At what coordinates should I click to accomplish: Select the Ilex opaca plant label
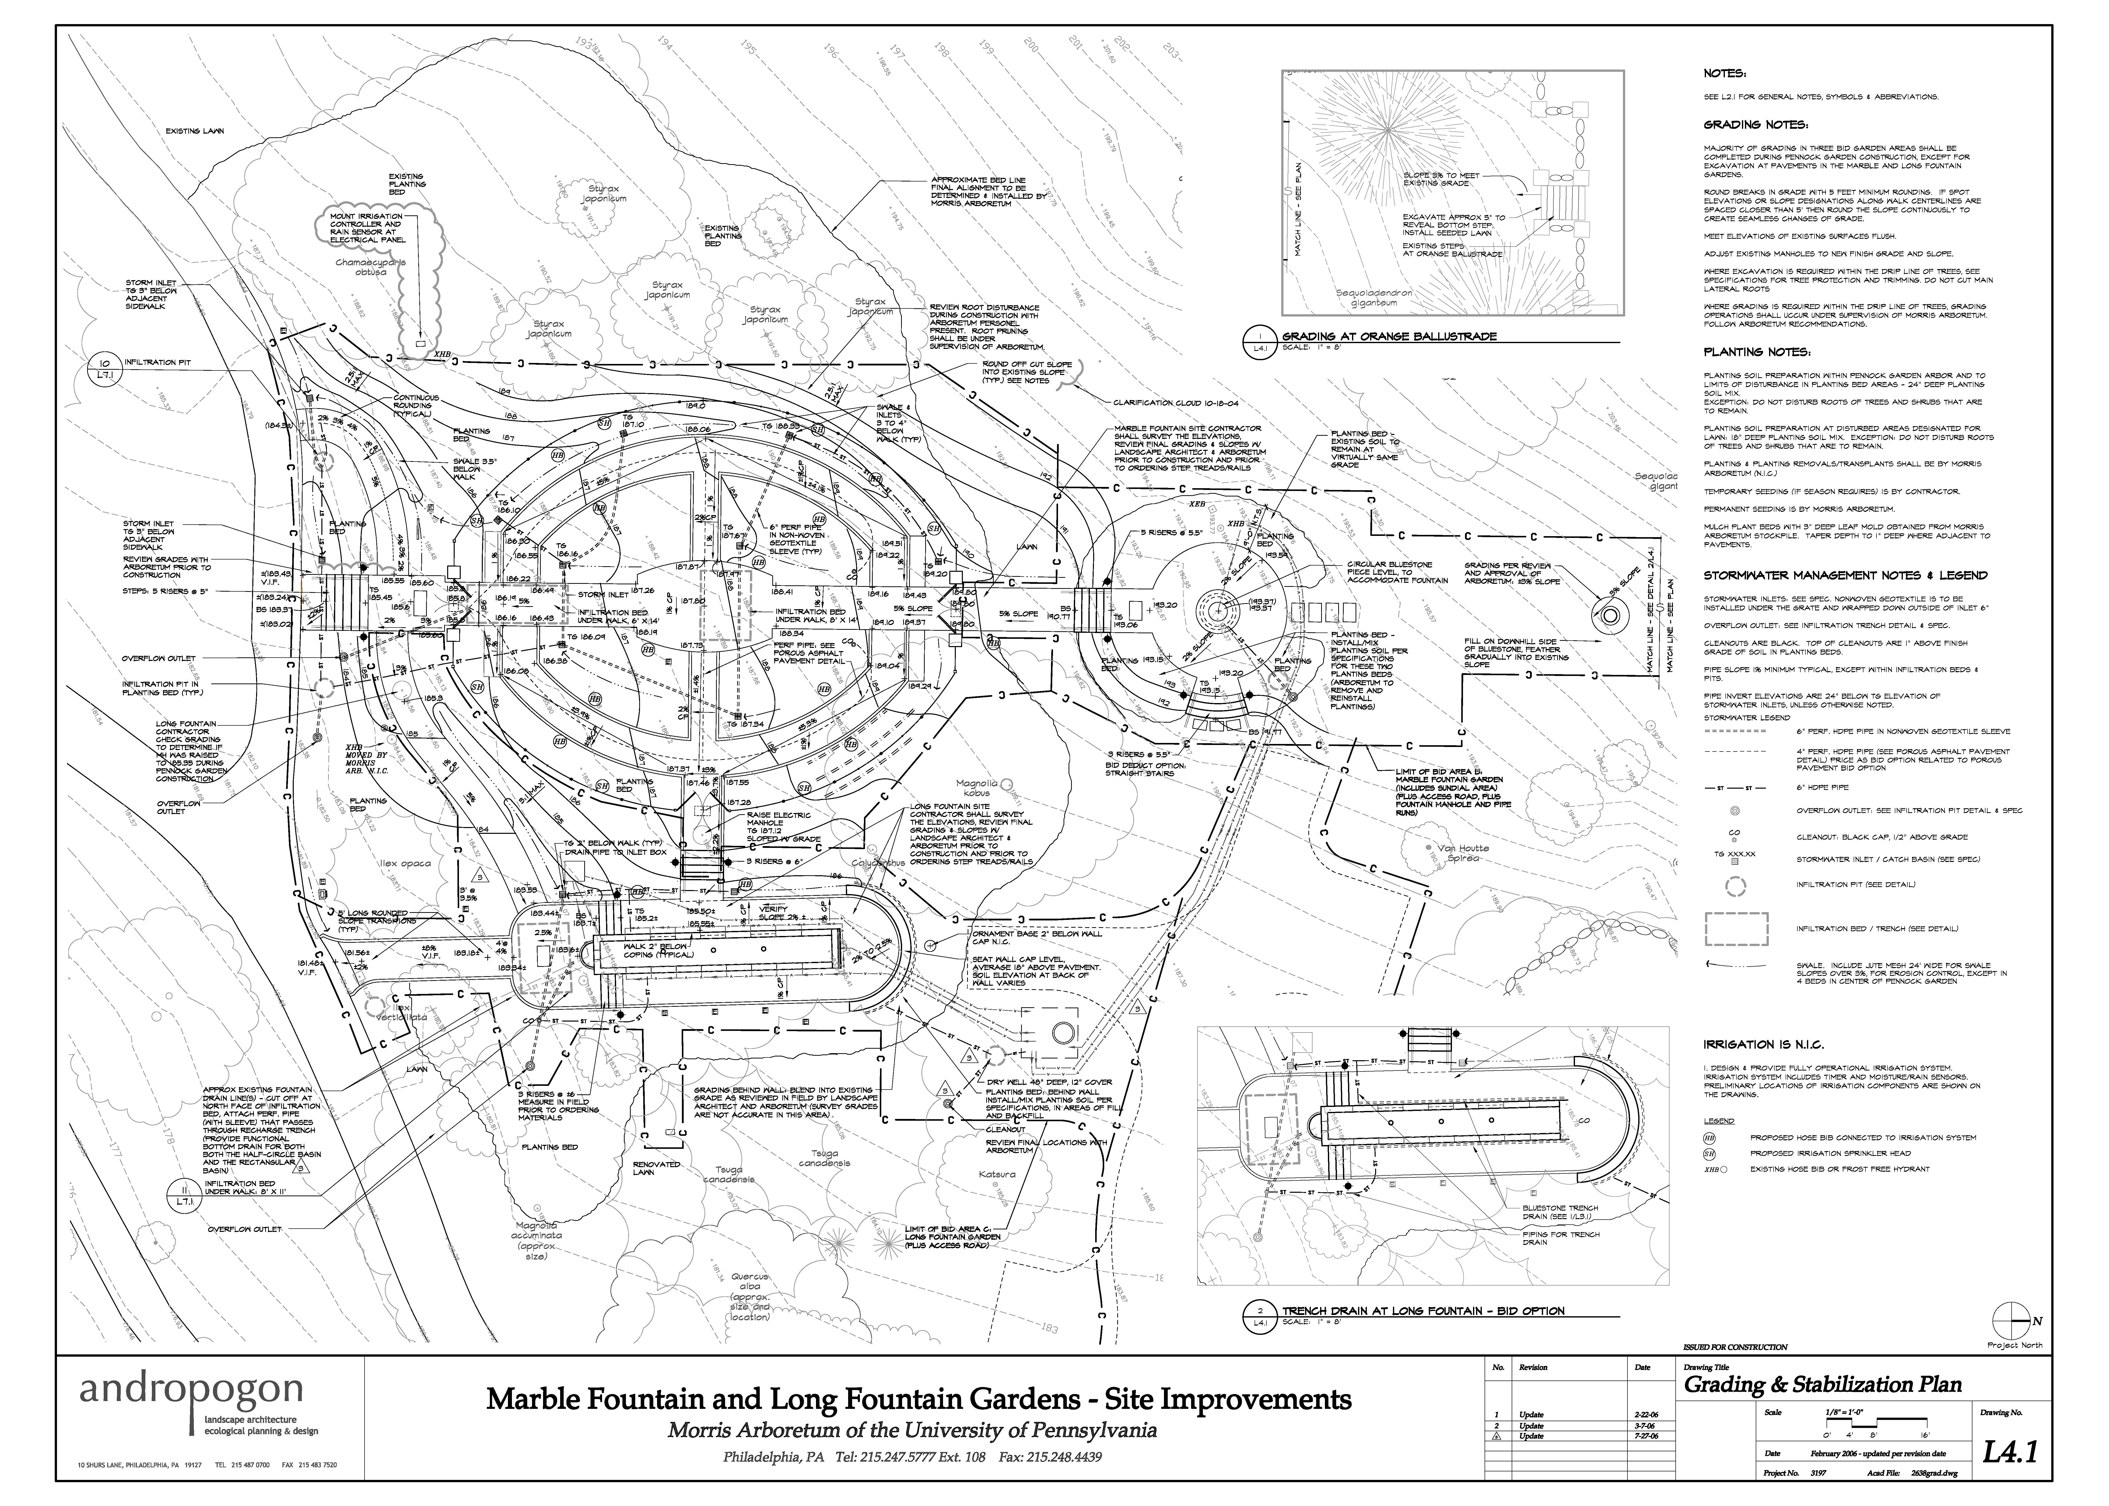(405, 863)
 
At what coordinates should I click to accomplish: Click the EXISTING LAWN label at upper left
(195, 131)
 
